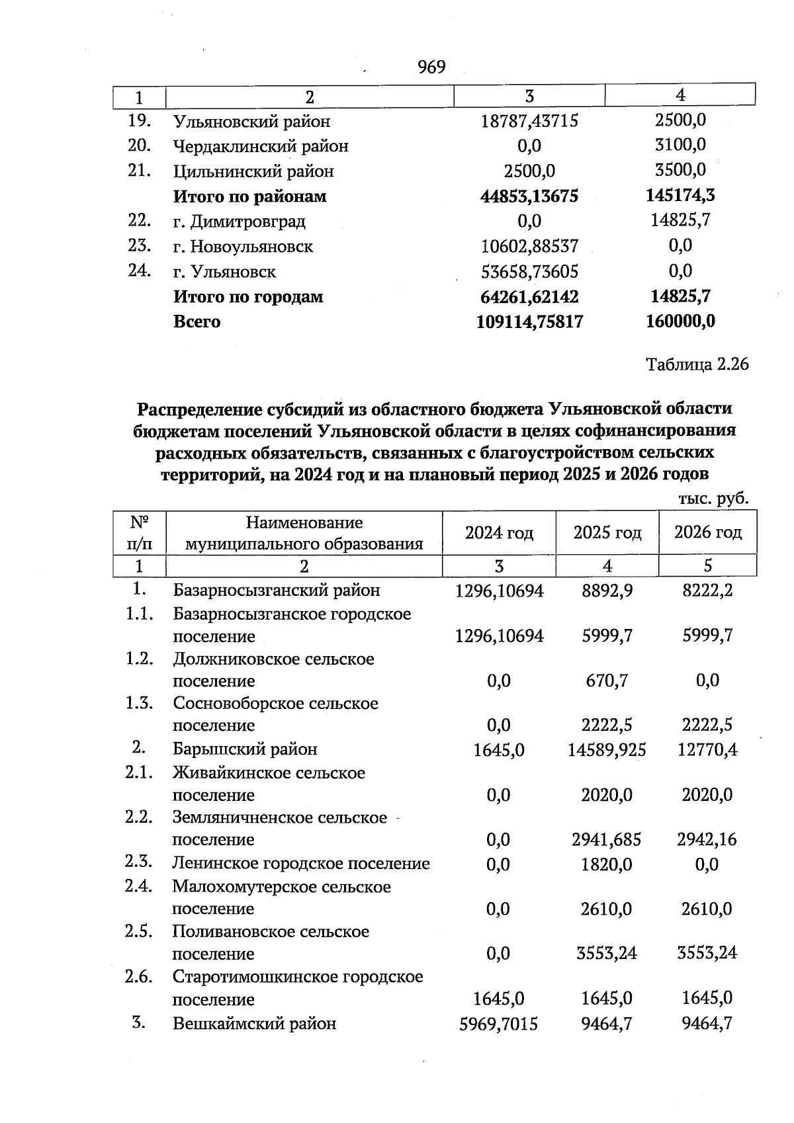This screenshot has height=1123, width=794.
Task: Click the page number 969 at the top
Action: point(431,67)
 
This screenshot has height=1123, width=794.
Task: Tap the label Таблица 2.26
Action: point(697,364)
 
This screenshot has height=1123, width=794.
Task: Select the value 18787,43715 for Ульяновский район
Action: point(529,121)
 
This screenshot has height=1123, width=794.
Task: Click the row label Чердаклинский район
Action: point(260,146)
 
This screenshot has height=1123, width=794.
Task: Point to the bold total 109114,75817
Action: point(529,322)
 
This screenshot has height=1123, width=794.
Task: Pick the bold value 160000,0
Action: point(680,321)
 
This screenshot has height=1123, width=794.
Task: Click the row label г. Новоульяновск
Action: point(243,247)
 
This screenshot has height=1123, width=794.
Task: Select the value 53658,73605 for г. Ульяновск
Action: point(529,272)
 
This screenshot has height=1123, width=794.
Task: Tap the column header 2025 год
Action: point(607,533)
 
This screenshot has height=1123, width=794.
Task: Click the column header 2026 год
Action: point(707,532)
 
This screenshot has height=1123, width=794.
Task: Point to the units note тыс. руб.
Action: point(713,499)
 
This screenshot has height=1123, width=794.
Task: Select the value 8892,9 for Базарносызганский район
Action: point(607,591)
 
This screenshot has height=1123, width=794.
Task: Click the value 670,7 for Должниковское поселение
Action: point(607,681)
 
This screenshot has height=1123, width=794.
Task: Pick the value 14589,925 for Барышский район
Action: point(607,750)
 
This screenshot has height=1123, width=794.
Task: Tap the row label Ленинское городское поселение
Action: point(301,864)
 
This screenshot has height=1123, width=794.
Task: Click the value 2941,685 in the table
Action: point(607,840)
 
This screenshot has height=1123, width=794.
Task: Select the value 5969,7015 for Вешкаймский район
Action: point(498,1024)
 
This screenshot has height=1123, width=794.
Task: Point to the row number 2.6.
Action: point(139,977)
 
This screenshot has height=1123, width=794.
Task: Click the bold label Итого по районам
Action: point(249,196)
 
